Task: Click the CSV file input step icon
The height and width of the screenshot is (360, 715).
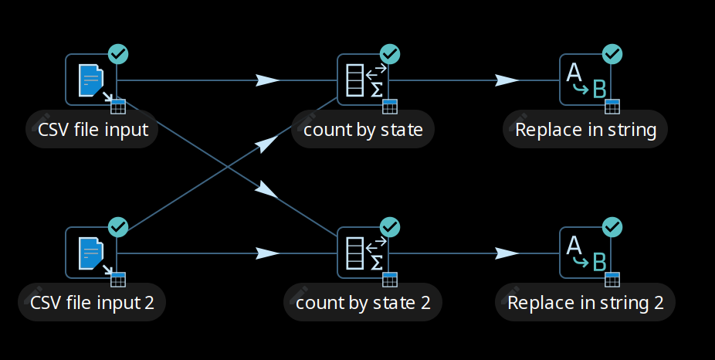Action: click(91, 80)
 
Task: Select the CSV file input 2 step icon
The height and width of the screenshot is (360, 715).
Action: click(91, 253)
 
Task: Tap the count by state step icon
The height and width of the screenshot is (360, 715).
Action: click(363, 80)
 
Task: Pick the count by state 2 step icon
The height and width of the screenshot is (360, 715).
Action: click(363, 253)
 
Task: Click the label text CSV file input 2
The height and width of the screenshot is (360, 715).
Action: click(92, 302)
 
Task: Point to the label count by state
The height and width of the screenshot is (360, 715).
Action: click(363, 129)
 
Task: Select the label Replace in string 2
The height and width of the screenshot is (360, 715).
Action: click(585, 302)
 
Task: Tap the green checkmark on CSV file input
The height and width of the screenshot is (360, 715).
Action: click(118, 54)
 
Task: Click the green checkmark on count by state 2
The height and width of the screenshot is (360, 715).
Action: click(390, 227)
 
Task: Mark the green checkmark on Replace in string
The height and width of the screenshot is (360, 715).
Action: click(612, 54)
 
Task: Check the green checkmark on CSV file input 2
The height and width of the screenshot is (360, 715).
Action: click(118, 227)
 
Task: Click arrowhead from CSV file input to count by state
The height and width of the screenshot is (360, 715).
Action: click(267, 80)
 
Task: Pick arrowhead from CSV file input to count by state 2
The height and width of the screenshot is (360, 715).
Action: click(266, 189)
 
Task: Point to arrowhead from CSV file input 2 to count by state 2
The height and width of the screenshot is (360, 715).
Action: click(267, 253)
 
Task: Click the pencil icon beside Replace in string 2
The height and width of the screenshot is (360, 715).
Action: click(512, 302)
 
